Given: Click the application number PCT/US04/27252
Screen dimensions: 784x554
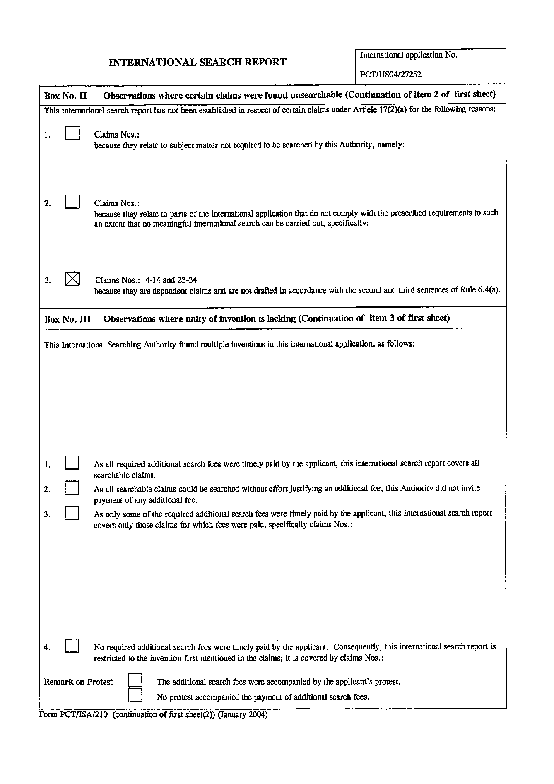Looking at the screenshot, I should [x=390, y=75].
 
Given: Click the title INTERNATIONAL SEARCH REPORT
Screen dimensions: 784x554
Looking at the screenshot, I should [x=198, y=63].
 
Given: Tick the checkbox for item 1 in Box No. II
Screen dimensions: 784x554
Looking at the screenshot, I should [x=72, y=133].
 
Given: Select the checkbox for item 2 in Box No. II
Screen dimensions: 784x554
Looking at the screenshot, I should [x=72, y=202].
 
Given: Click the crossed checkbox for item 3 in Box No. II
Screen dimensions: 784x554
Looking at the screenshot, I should [x=72, y=279].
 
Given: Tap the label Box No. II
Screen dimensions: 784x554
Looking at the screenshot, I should [x=65, y=96].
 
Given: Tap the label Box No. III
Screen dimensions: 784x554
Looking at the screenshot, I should [x=67, y=319].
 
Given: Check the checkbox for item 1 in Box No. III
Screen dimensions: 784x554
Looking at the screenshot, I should [x=72, y=463].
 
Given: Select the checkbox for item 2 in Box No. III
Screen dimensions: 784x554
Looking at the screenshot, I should [x=72, y=487].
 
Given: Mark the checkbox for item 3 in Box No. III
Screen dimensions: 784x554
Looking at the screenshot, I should [x=72, y=513].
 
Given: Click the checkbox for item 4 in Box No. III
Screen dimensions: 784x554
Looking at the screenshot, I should [x=72, y=646].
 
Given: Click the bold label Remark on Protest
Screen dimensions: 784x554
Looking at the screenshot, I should [x=78, y=682].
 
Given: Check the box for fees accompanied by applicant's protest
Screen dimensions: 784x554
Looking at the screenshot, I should [x=135, y=680].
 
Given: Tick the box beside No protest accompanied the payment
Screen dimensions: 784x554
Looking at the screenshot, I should [x=135, y=695].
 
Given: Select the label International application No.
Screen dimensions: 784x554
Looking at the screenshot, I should [x=408, y=55].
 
